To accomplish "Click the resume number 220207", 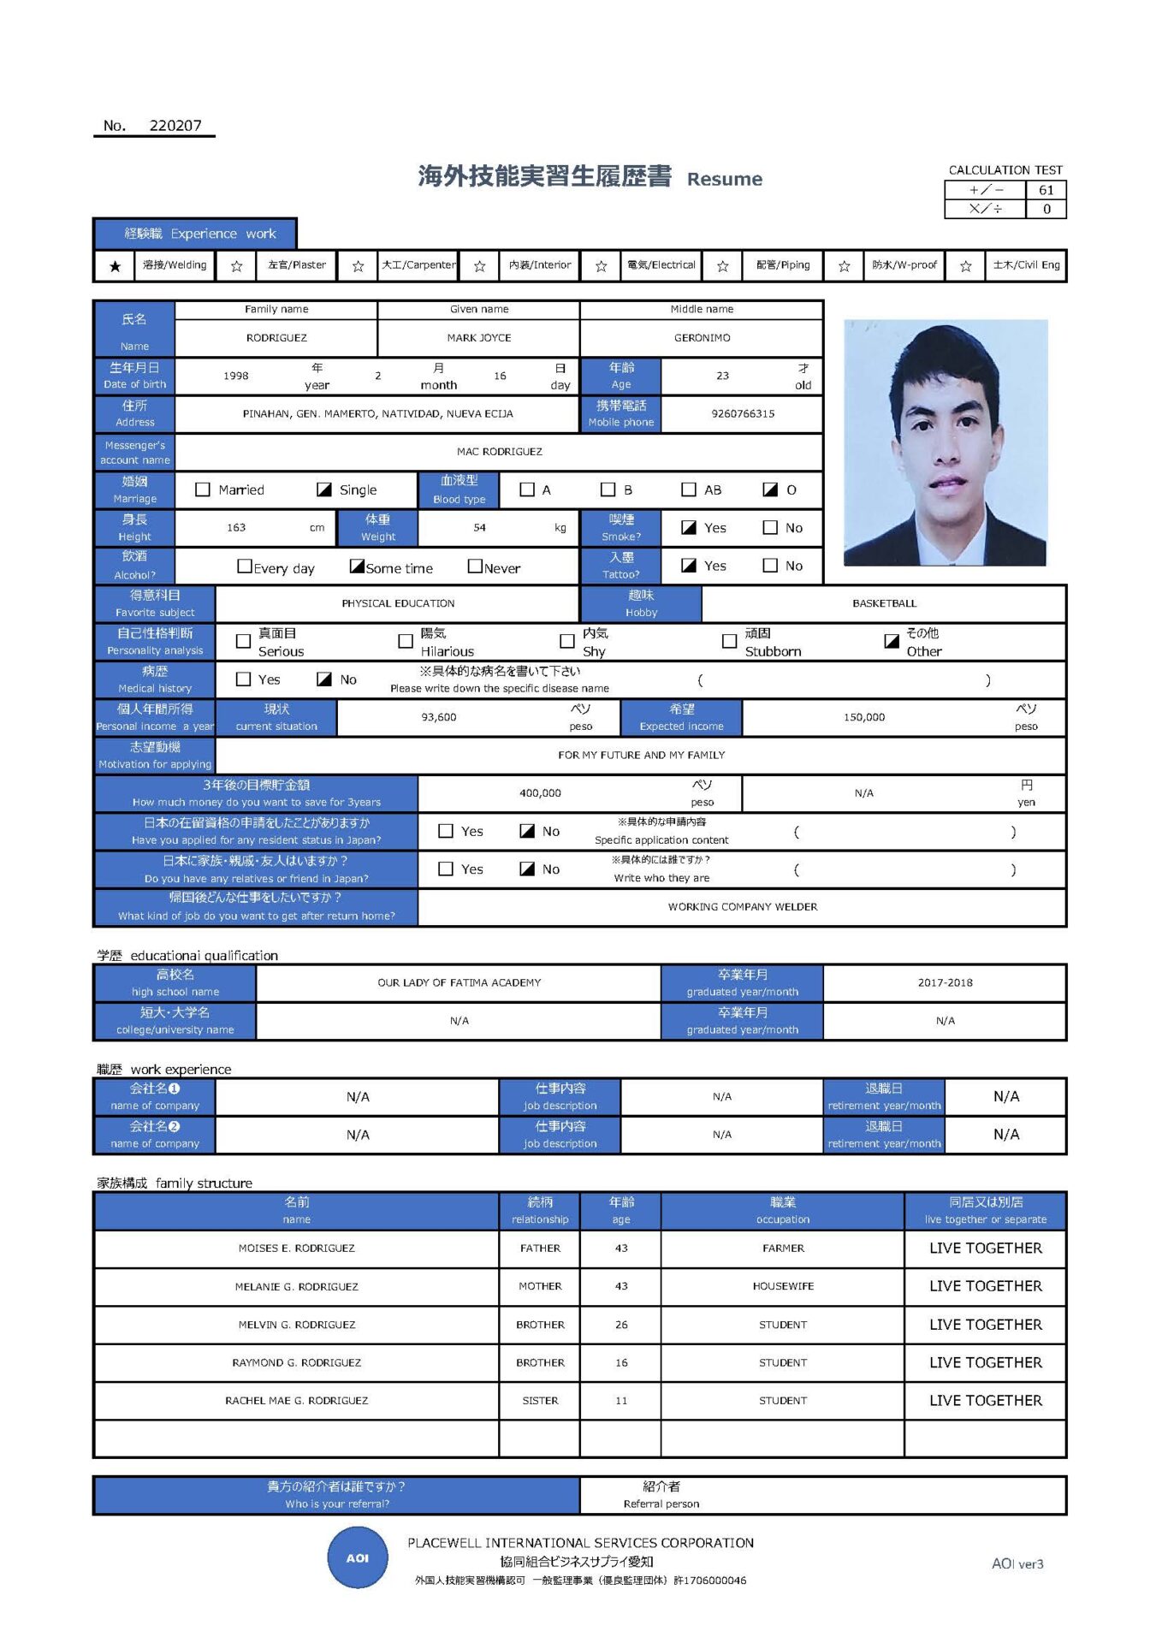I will [x=175, y=126].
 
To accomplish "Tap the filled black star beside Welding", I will [x=115, y=266].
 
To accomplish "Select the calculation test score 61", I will [x=1046, y=190].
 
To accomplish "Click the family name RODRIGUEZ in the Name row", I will [x=276, y=338].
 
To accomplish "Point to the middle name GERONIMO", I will [x=702, y=338].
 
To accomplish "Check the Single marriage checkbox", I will [x=324, y=489].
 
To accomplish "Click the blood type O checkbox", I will [x=770, y=489].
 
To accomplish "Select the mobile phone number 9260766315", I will [x=743, y=413].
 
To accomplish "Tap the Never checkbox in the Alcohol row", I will [x=475, y=566].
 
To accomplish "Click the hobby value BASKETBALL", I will [x=884, y=603].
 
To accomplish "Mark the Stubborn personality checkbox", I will [x=729, y=641].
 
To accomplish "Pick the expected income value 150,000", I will [x=864, y=717].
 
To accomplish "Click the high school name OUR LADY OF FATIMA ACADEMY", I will [x=459, y=982].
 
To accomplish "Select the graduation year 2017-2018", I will [x=945, y=982].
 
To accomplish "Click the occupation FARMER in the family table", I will [x=783, y=1249].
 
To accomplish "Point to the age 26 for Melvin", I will [x=621, y=1325].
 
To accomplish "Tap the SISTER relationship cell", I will [x=540, y=1401].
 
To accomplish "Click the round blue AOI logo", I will [x=358, y=1558].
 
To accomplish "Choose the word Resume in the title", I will [x=724, y=179].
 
